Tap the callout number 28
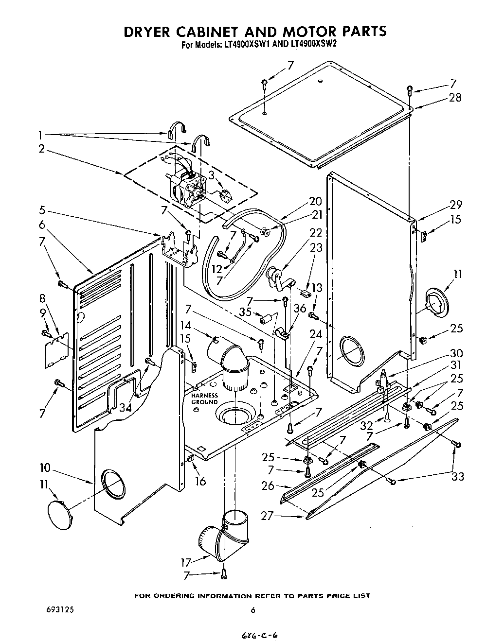tap(455, 97)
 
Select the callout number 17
tap(186, 563)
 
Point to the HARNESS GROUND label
tap(204, 398)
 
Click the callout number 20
tap(316, 201)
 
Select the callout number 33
tap(457, 477)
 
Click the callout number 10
tap(45, 468)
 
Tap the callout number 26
tap(268, 485)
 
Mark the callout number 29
tap(456, 205)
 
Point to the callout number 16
tap(200, 481)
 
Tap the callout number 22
tap(316, 233)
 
